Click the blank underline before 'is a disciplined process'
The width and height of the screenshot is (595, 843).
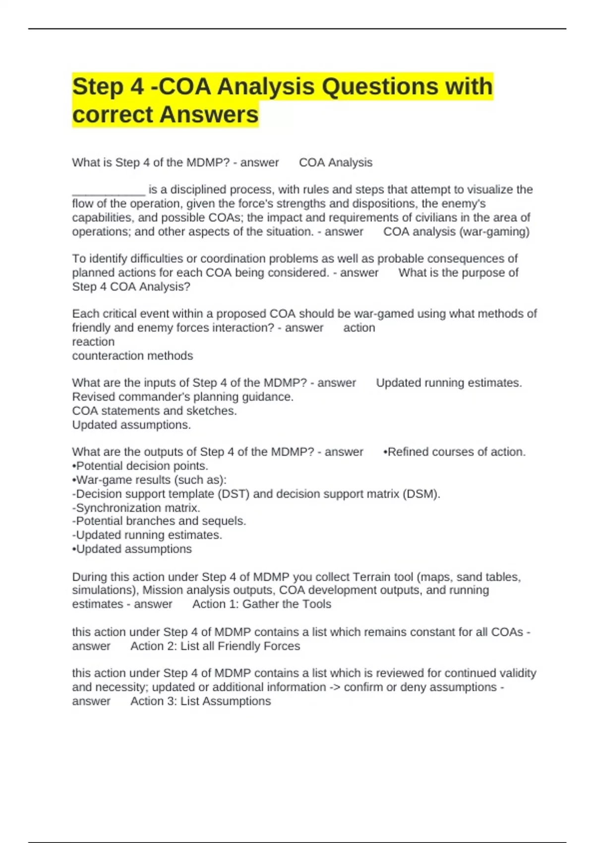pyautogui.click(x=108, y=191)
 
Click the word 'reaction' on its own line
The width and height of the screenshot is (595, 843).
pyautogui.click(x=93, y=342)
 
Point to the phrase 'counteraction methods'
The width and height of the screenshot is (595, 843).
pyautogui.click(x=132, y=356)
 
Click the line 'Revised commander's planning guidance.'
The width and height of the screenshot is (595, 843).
pyautogui.click(x=182, y=397)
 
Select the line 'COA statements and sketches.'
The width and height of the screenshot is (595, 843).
pyautogui.click(x=154, y=411)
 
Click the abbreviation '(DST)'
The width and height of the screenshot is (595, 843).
pyautogui.click(x=234, y=494)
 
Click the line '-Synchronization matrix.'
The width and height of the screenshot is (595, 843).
pyautogui.click(x=136, y=508)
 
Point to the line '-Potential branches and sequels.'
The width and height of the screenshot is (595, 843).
pyautogui.click(x=159, y=521)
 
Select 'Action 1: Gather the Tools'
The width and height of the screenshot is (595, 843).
pyautogui.click(x=261, y=604)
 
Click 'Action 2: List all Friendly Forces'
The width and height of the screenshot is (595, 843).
pyautogui.click(x=215, y=646)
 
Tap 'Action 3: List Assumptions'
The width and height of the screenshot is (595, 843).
pyautogui.click(x=200, y=701)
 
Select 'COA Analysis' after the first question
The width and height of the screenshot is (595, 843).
pyautogui.click(x=335, y=163)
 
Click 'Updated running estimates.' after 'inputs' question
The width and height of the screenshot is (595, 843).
pyautogui.click(x=448, y=383)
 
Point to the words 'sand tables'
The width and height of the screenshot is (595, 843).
pyautogui.click(x=487, y=577)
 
